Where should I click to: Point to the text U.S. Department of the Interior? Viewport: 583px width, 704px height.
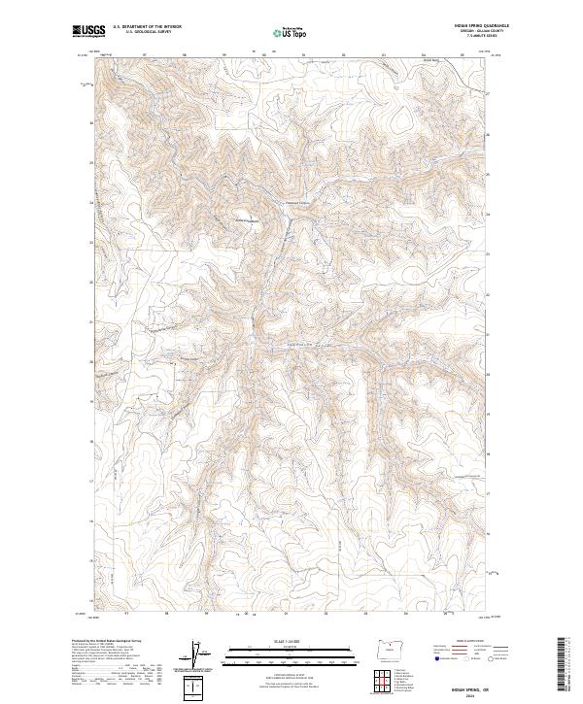pos(147,27)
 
